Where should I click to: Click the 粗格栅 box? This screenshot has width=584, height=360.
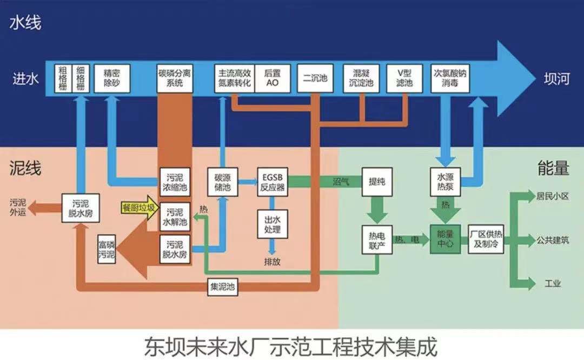[x=62, y=79]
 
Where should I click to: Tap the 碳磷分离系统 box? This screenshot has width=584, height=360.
[x=174, y=79]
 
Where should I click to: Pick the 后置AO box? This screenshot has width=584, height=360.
[x=273, y=79]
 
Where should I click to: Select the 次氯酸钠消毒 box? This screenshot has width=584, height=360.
[x=449, y=79]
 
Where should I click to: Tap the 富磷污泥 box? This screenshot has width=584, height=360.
[x=106, y=251]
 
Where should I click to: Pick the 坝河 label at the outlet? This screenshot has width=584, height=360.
[x=556, y=79]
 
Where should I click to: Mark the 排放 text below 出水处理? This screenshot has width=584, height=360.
[x=272, y=262]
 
